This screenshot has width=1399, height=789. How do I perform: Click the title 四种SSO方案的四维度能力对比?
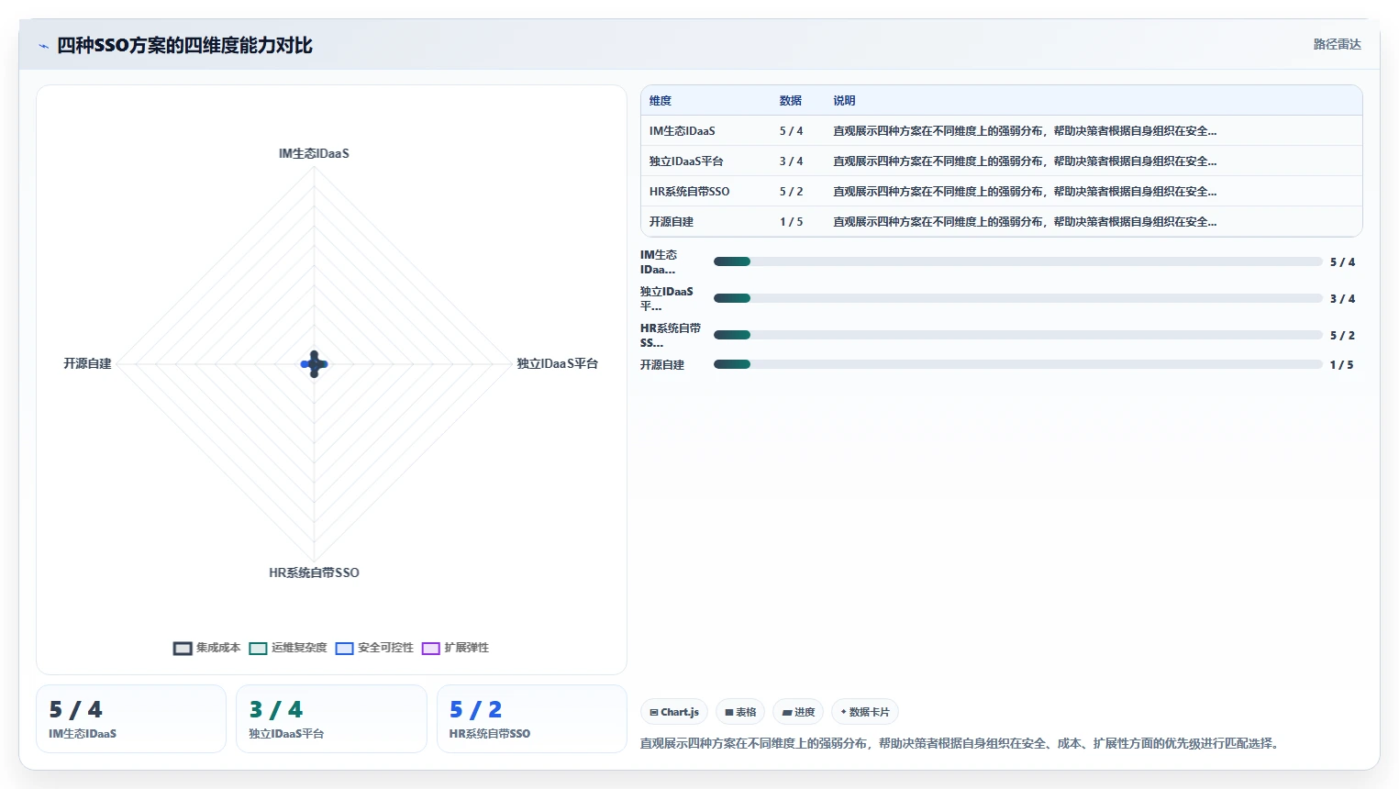184,46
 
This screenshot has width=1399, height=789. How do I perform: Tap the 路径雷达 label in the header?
1338,44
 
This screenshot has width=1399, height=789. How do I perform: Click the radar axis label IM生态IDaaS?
314,154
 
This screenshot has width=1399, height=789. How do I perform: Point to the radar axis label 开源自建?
87,363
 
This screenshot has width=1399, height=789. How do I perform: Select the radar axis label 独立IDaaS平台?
557,363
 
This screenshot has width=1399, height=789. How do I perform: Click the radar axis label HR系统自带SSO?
314,572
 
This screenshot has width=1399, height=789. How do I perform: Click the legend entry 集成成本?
206,648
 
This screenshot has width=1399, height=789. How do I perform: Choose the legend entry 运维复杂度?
288,648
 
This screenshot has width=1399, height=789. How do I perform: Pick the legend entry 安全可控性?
374,648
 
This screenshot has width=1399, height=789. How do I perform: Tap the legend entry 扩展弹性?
455,648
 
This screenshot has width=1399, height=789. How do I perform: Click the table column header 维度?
661,101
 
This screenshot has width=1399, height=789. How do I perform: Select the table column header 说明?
844,101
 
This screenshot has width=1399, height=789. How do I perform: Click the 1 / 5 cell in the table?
792,222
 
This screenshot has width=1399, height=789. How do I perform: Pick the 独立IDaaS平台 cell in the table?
686,161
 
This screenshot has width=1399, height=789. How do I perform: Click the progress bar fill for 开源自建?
732,364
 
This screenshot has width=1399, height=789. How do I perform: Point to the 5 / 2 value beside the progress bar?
1342,336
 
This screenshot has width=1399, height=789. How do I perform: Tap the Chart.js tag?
674,712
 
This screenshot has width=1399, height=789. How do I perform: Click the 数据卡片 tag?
865,712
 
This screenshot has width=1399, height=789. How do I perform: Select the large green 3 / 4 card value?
275,710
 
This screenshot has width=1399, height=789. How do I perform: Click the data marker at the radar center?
314,364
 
